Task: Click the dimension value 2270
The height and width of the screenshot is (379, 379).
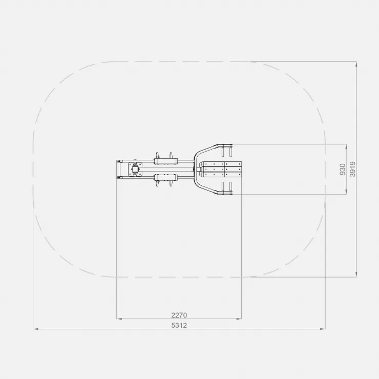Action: tap(179, 315)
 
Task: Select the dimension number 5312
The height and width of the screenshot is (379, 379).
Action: tap(179, 325)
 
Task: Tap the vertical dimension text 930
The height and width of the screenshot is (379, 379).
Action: tap(343, 169)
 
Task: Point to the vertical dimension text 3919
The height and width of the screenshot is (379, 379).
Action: tap(353, 169)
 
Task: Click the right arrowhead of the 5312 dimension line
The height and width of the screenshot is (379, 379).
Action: tap(323, 329)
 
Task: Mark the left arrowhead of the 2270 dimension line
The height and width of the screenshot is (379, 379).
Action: tap(119, 319)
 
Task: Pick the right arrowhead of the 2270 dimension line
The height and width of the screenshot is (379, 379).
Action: tap(239, 319)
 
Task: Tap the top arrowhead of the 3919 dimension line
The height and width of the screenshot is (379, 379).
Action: tap(356, 64)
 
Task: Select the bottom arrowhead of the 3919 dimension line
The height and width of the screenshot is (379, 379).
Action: tap(356, 275)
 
